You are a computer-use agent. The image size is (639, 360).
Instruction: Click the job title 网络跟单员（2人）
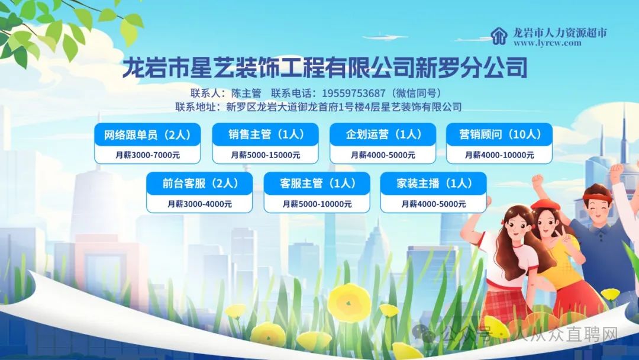tap(147, 135)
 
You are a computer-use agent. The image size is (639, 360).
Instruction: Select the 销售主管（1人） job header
tap(265, 134)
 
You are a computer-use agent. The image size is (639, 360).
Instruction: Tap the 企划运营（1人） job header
tap(383, 134)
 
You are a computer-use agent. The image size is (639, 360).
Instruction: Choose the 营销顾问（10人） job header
tap(499, 134)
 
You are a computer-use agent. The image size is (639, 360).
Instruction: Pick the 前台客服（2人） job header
tap(199, 184)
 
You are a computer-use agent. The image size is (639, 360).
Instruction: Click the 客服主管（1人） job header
tap(317, 184)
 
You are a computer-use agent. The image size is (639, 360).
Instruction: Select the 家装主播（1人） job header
tap(433, 184)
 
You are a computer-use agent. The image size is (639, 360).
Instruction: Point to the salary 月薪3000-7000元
tap(147, 155)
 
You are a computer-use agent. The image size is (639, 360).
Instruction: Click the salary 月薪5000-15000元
tap(265, 155)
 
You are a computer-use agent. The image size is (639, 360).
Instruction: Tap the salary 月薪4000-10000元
tap(499, 155)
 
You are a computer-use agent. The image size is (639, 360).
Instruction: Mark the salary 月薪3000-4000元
tap(199, 204)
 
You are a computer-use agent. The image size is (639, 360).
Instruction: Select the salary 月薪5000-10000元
tap(317, 204)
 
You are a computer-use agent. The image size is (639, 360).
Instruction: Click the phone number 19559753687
tap(353, 94)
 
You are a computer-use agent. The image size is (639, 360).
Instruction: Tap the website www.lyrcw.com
tap(547, 43)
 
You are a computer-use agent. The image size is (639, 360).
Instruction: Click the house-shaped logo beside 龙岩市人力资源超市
tap(499, 36)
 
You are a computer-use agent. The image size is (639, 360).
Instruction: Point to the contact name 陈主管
tap(246, 94)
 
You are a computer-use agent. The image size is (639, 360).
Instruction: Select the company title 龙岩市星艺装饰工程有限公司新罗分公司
tap(325, 67)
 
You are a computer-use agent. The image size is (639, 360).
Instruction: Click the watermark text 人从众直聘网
tap(566, 335)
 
